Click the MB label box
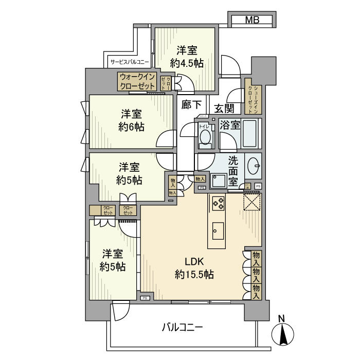[252, 21]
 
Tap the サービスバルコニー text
[130, 62]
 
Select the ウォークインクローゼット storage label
[137, 82]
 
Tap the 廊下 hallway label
[192, 104]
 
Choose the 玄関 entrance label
[225, 108]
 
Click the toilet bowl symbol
[205, 138]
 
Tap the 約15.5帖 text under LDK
[194, 274]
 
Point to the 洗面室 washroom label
[232, 171]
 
